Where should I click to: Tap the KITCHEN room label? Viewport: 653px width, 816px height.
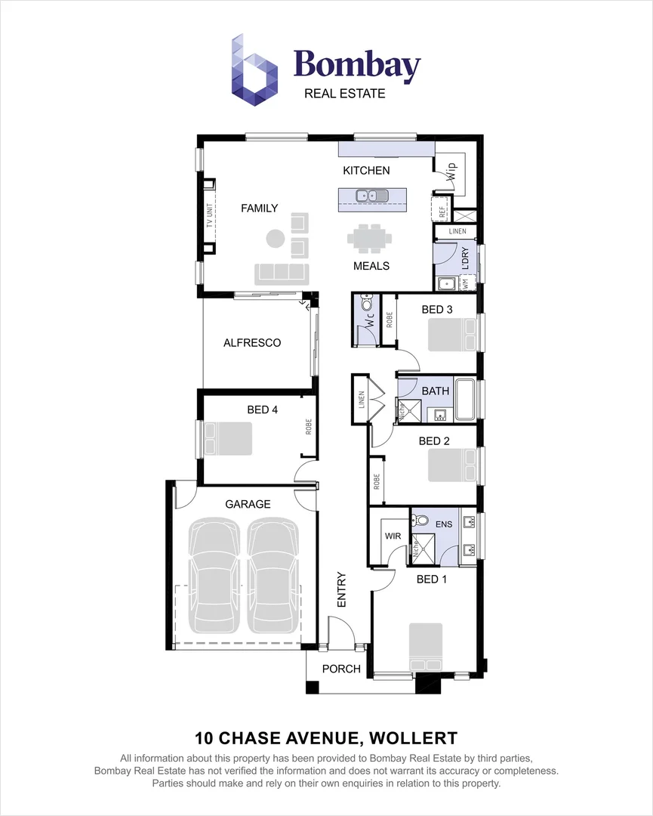tap(366, 171)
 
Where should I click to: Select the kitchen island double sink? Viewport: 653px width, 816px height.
tap(372, 196)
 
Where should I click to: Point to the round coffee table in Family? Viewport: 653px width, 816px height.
tap(276, 239)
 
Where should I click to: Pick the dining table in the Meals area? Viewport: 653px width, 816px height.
tap(370, 238)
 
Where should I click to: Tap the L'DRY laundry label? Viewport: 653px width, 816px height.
tap(466, 258)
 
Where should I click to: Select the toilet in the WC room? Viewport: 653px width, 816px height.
tap(368, 304)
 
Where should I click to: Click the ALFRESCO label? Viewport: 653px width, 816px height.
tap(252, 343)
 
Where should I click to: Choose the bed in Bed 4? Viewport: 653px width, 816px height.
tap(226, 438)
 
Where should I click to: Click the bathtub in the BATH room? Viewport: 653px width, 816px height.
tap(464, 399)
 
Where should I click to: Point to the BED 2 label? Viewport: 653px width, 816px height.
tap(434, 441)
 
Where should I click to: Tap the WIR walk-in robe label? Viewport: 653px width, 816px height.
tap(393, 536)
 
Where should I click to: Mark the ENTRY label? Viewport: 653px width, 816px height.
tap(341, 589)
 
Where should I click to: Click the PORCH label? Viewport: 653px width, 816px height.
tap(341, 669)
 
